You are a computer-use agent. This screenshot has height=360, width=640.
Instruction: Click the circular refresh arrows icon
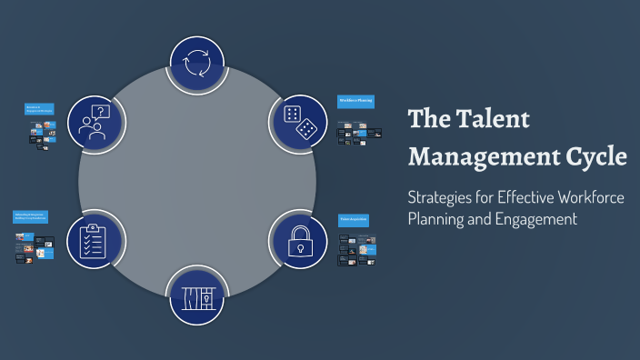197,65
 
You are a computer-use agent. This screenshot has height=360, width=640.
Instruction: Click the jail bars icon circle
197,296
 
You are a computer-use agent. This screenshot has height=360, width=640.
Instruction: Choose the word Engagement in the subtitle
533,218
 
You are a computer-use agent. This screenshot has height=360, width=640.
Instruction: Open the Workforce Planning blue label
355,101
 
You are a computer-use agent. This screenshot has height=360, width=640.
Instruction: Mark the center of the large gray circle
197,180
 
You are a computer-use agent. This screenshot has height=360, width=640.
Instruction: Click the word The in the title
428,120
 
